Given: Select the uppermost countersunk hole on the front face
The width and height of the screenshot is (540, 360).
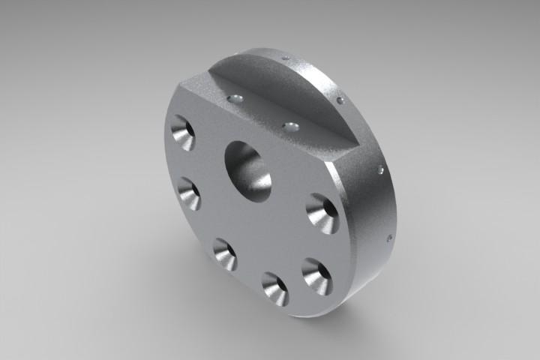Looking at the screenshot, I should (x=181, y=133).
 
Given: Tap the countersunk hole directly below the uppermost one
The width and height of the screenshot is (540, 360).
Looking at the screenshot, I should (x=189, y=193).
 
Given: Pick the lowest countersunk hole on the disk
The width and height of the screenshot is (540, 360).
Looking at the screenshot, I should (x=275, y=289).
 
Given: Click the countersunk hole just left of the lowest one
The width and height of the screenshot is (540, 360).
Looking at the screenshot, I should (x=224, y=253).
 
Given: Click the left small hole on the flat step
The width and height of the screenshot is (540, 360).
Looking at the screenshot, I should (x=236, y=98).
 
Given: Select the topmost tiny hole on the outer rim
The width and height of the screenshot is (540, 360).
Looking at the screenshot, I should (x=284, y=57).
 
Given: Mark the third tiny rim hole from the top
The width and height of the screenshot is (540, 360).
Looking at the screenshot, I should (x=382, y=170).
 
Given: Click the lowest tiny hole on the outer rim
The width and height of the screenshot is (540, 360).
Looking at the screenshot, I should (x=389, y=239).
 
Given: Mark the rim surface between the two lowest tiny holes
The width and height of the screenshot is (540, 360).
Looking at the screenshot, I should (x=385, y=205).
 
